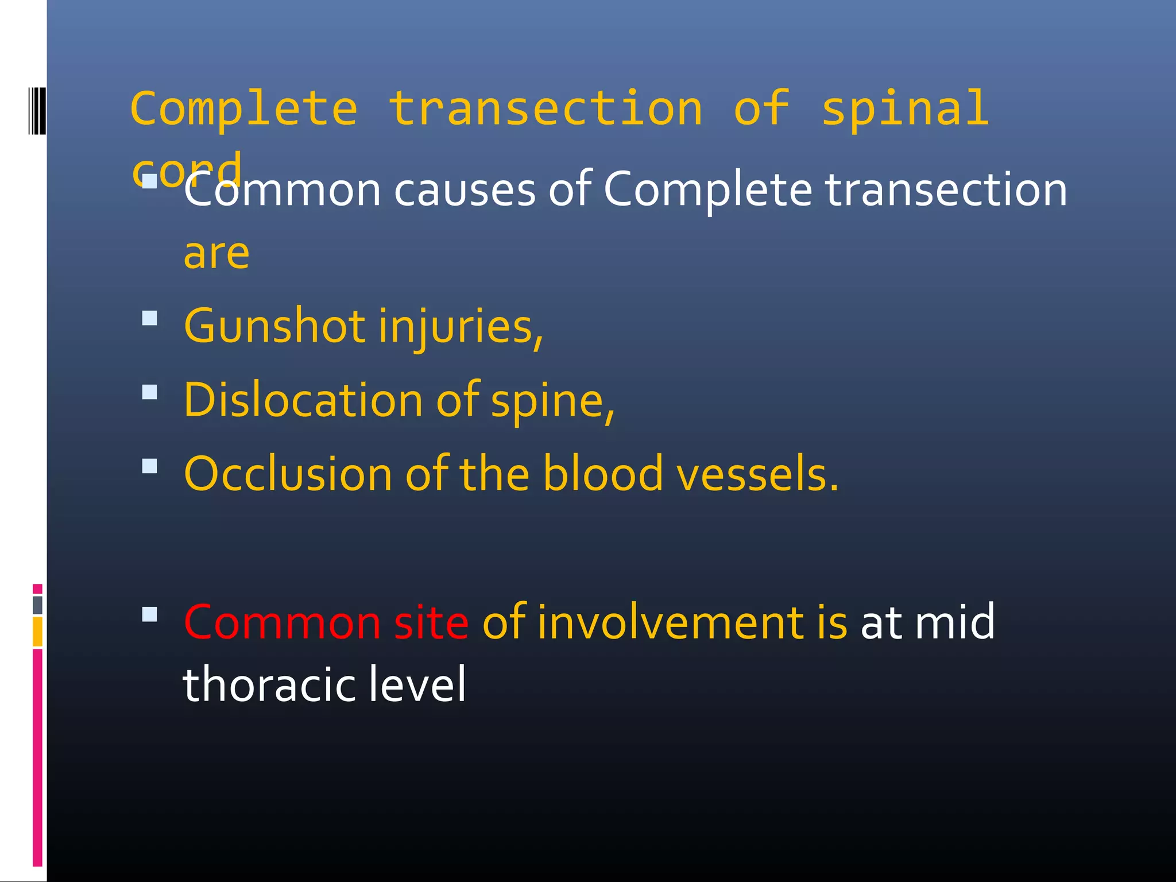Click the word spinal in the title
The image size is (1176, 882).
[905, 109]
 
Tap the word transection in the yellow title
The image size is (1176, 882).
[546, 109]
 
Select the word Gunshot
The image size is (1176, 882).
[274, 326]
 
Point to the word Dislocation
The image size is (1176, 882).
[303, 400]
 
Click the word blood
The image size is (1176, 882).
[603, 474]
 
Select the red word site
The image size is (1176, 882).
[431, 622]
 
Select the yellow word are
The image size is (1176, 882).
[216, 254]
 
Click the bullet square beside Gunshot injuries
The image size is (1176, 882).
[149, 318]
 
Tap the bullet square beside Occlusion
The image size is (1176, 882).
[149, 466]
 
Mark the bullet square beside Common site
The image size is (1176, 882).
[149, 614]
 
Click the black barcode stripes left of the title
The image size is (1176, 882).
[37, 111]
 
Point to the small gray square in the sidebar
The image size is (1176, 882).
[37, 605]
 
